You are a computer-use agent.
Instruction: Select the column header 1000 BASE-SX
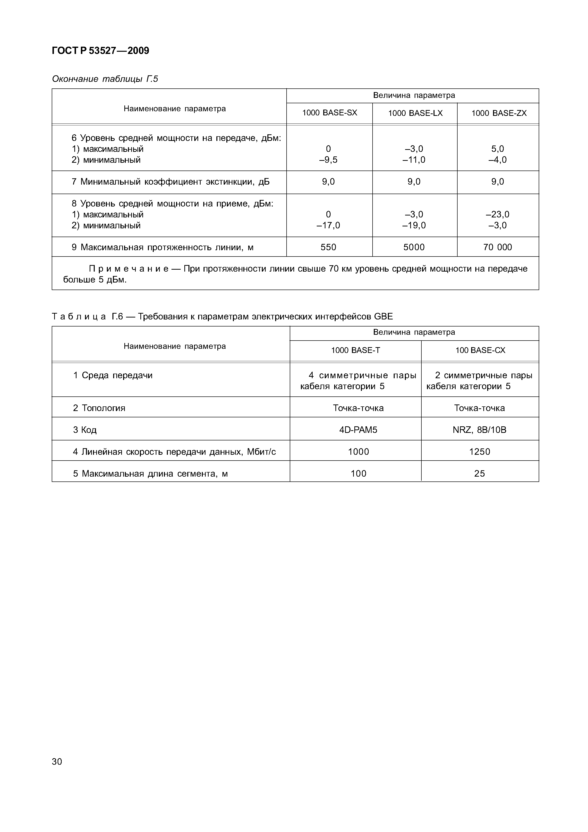point(329,113)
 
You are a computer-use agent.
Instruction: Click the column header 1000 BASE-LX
point(415,113)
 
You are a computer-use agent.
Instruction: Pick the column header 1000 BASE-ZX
point(499,113)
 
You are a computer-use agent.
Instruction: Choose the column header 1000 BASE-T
point(355,350)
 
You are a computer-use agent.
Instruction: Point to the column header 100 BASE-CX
point(480,350)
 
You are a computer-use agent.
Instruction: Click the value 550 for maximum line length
point(328,247)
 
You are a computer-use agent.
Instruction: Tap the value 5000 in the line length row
point(414,247)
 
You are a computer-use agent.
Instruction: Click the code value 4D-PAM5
point(358,430)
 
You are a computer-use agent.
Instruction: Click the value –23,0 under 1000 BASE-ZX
point(497,214)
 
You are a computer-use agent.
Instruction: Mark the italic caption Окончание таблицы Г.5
point(105,79)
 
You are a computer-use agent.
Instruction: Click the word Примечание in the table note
point(129,269)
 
